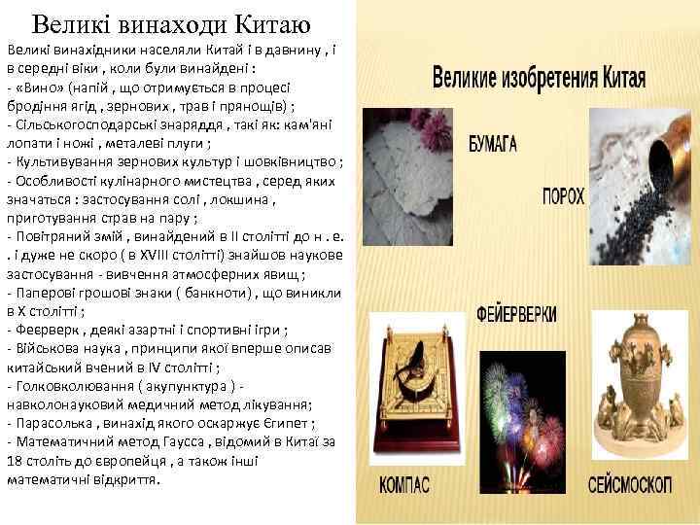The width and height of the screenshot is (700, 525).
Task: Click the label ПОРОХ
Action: [x=563, y=196]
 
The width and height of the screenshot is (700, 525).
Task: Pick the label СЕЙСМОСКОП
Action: [x=629, y=482]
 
